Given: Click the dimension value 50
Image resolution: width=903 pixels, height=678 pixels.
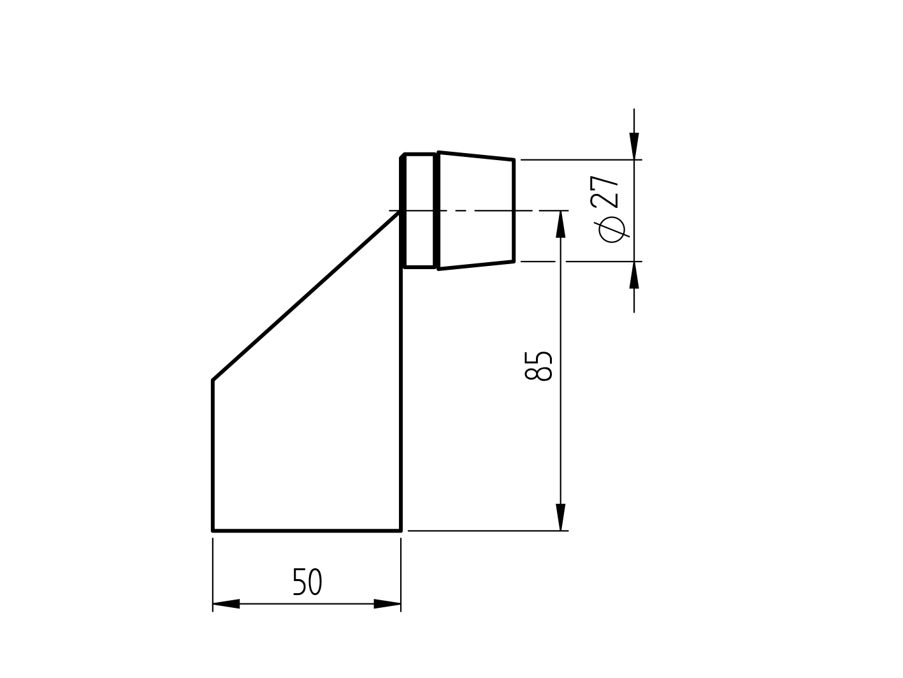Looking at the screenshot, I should coord(307,582).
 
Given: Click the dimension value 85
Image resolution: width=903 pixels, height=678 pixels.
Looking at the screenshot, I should coord(538,366).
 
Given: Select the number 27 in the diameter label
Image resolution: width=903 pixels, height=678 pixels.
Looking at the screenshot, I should coord(605,191).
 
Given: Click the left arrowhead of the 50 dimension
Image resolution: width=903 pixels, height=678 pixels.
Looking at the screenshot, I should coord(226,603).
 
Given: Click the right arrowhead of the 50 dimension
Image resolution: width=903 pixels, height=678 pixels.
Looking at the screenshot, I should coord(387,603).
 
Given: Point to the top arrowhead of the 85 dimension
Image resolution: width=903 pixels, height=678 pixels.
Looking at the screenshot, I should coord(561,225).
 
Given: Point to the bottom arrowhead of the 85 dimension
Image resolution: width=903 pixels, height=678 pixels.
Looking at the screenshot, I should coord(561,517).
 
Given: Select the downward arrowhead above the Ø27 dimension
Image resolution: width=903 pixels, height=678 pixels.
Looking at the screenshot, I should coord(634,146).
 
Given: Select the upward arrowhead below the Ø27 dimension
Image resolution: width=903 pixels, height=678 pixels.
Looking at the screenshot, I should coord(634,276).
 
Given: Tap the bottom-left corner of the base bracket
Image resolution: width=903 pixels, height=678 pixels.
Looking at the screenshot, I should coord(213,530).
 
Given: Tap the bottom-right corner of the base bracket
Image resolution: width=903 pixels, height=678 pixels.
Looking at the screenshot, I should coord(401,530).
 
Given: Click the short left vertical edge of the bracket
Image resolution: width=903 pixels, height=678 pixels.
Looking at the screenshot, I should coord(213,455).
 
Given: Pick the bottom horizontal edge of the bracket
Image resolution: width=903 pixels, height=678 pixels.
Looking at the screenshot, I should coord(307,530).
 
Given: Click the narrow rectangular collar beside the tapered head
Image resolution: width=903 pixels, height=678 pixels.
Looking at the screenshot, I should coord(419,210).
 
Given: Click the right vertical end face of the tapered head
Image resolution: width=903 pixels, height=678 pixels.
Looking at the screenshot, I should coord(513,210).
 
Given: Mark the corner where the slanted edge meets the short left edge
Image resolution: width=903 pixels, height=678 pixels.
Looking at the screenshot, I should coord(213,380).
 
